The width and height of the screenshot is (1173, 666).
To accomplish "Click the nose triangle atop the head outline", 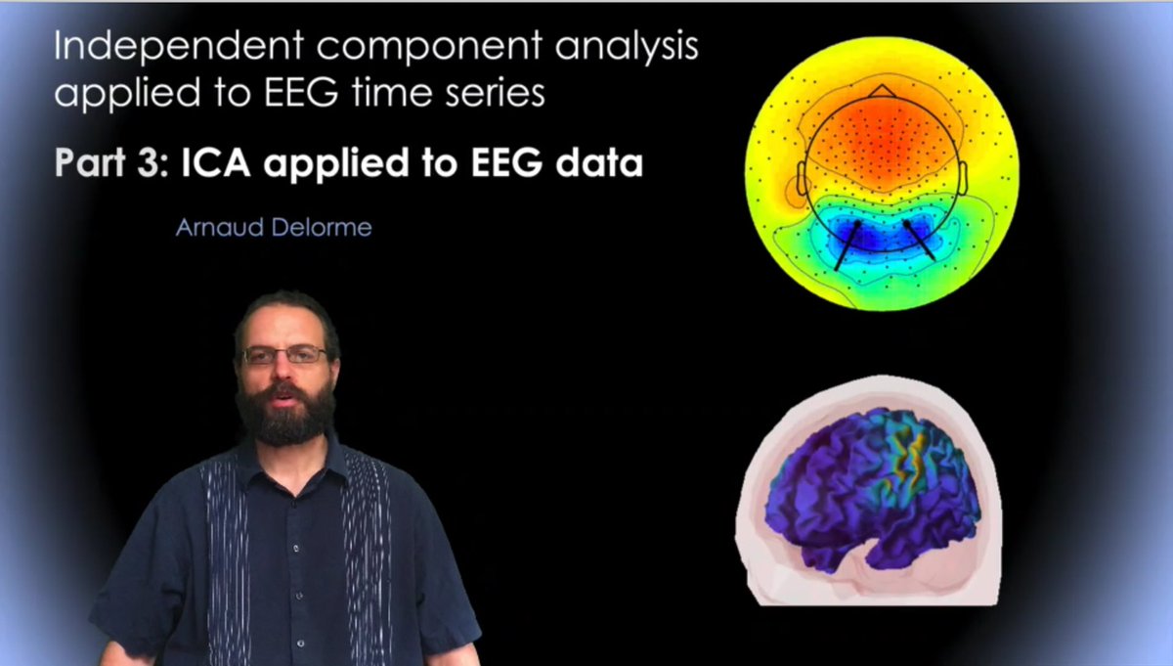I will (x=882, y=91).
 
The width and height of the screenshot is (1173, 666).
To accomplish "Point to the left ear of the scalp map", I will (x=801, y=178).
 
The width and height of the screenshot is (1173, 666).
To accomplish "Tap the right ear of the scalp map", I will (x=963, y=178).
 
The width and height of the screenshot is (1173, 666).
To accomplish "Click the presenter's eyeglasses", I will (x=285, y=355).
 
